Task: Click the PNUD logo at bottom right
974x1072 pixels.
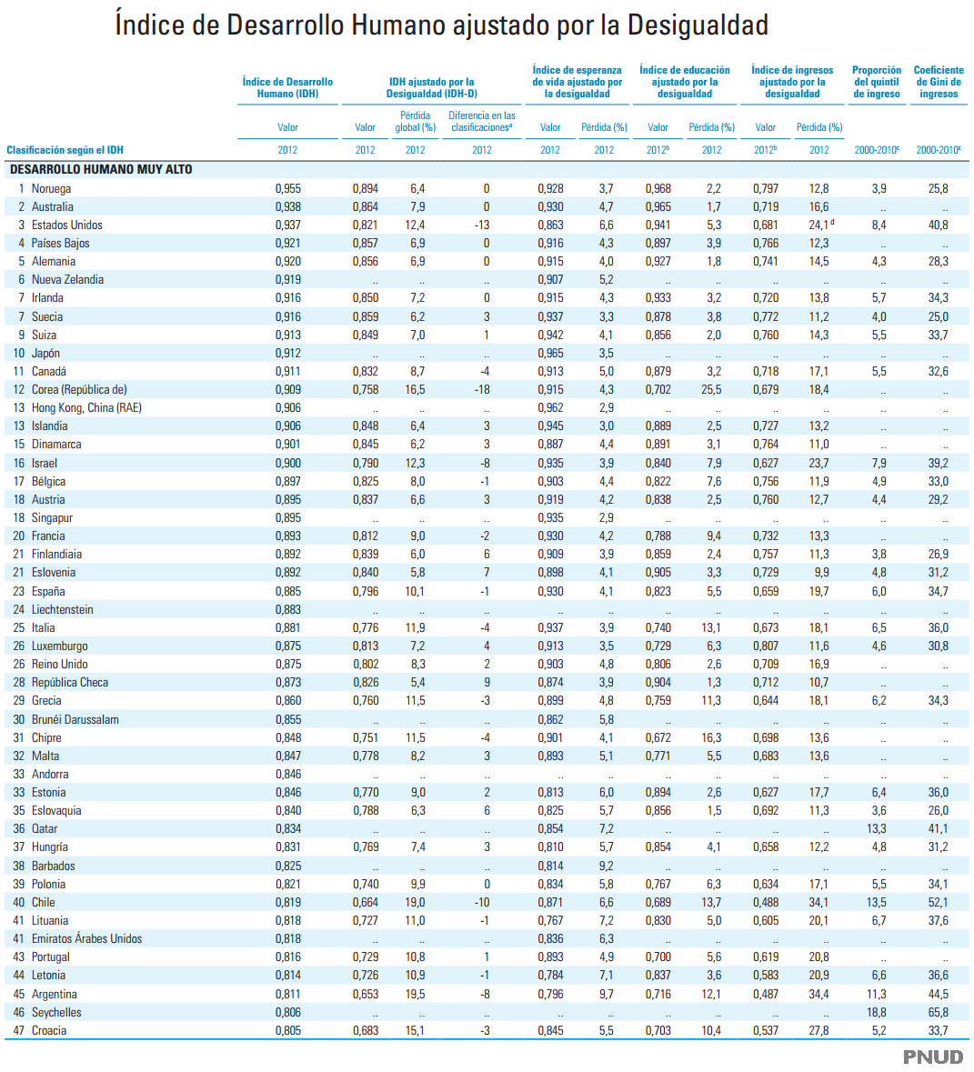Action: point(932,1056)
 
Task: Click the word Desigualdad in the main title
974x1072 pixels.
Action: point(700,25)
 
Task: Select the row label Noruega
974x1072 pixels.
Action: point(51,188)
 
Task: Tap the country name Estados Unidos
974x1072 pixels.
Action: point(66,225)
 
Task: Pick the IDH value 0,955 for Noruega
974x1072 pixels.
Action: point(287,188)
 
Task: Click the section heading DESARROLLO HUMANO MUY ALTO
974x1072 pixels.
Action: point(101,169)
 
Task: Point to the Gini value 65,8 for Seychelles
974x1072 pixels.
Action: point(938,1012)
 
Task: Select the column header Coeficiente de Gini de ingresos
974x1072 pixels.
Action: point(939,82)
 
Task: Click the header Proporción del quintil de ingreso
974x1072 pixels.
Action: point(877,82)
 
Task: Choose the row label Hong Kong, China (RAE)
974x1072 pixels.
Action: point(86,407)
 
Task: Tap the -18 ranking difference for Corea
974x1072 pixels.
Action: point(482,389)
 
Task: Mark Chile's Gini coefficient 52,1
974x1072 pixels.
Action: point(938,902)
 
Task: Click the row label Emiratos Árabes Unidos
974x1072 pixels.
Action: point(86,938)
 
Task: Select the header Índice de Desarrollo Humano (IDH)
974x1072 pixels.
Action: point(287,87)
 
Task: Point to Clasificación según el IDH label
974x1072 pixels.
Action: point(65,150)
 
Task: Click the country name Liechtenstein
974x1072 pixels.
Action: point(62,609)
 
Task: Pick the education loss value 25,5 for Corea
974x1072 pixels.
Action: point(711,389)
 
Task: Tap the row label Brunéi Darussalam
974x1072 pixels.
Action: point(75,719)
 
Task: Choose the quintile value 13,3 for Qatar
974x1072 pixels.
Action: point(876,828)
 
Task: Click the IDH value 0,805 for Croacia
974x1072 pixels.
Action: point(287,1030)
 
